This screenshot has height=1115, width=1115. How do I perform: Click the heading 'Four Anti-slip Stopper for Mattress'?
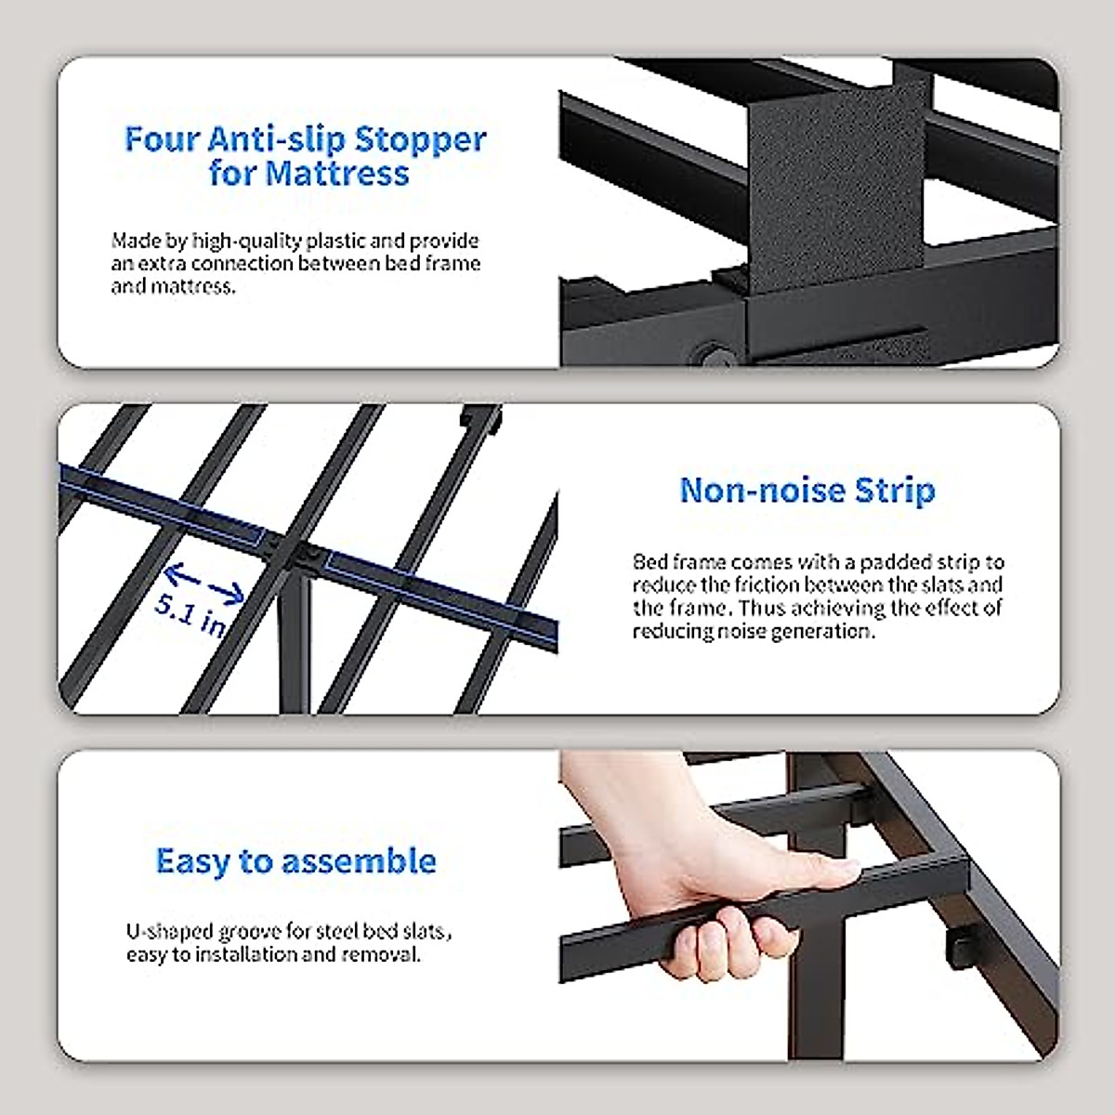tap(306, 156)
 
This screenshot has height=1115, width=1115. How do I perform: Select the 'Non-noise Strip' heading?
tap(807, 490)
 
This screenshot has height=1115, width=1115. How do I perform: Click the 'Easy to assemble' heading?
tap(295, 860)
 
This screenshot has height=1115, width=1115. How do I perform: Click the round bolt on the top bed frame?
tap(713, 355)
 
